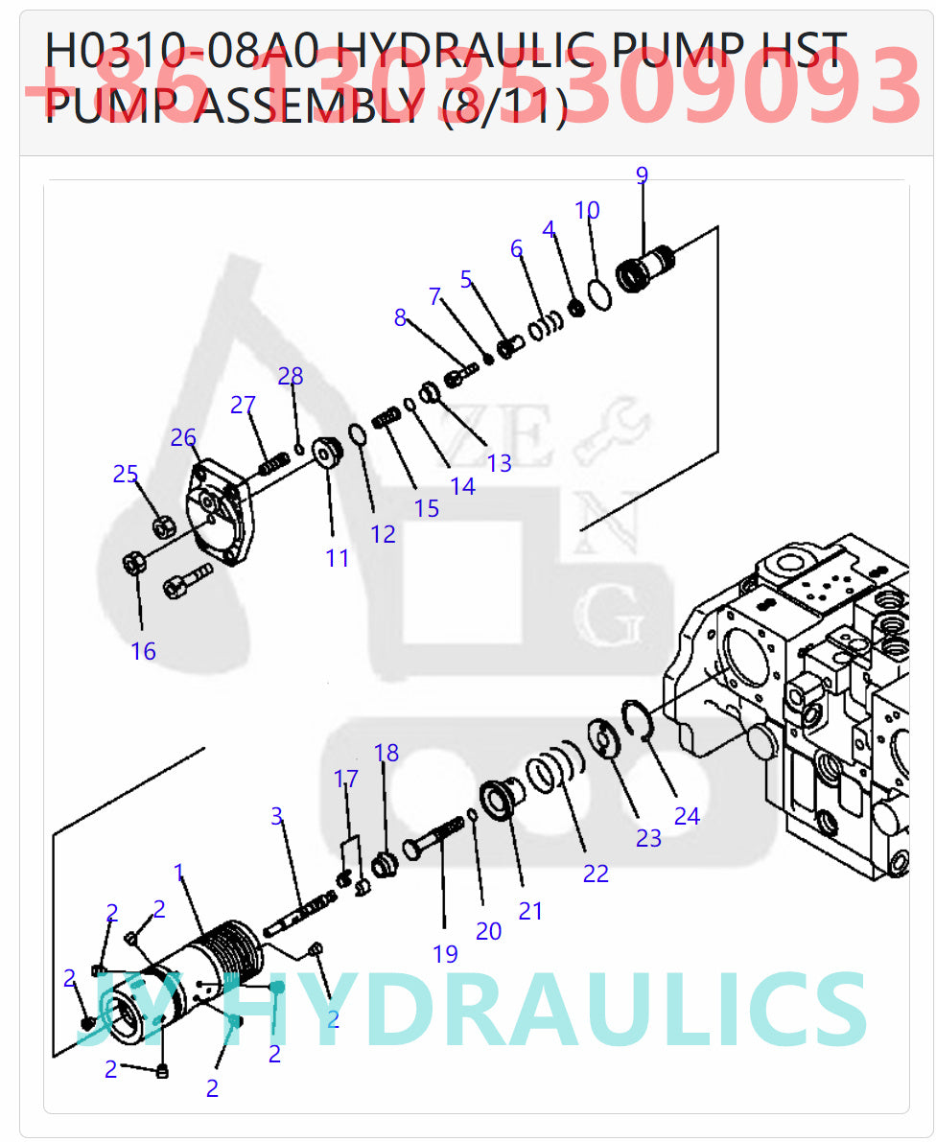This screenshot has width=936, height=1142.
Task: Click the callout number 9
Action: click(x=642, y=175)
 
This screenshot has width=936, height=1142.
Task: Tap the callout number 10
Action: click(x=587, y=210)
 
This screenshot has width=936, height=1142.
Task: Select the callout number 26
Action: click(x=183, y=438)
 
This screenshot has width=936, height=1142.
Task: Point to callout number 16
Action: click(x=143, y=651)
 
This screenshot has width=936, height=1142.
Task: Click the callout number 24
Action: click(x=687, y=816)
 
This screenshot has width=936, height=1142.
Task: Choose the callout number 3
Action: click(x=276, y=816)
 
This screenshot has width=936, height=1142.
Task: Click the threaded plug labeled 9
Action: click(x=647, y=268)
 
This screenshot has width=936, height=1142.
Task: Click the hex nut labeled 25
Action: click(x=162, y=527)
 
